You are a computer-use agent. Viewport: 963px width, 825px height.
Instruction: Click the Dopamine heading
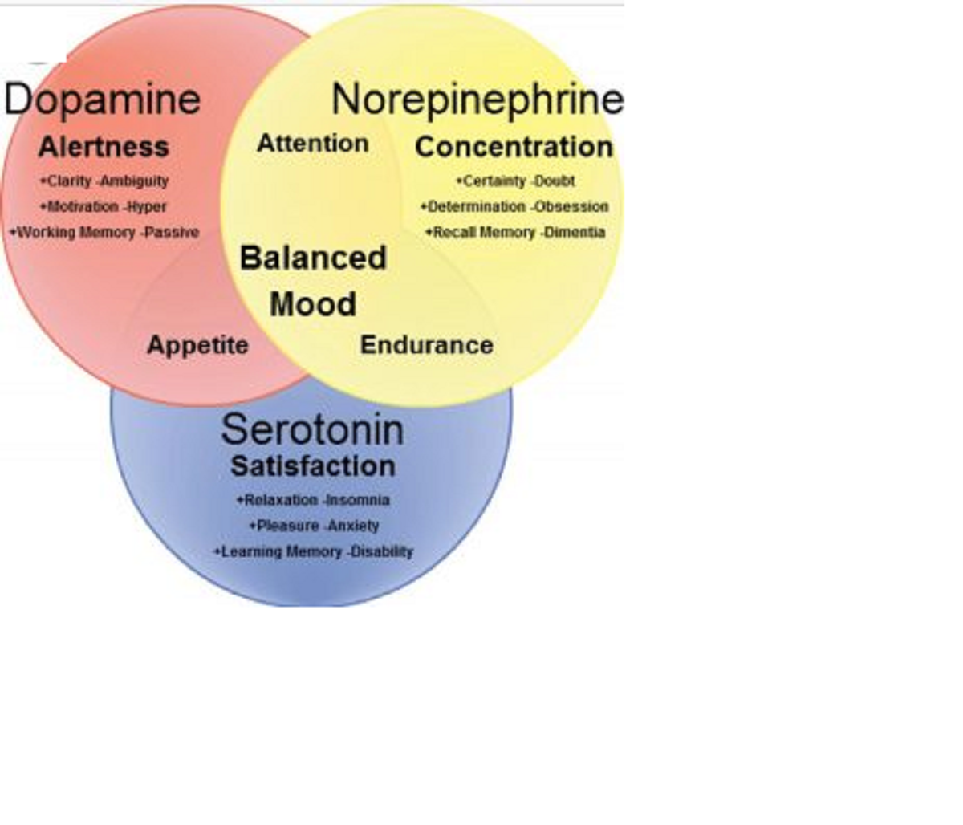click(102, 99)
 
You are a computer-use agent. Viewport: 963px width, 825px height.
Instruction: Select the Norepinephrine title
click(477, 99)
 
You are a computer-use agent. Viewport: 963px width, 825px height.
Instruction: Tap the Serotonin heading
click(312, 429)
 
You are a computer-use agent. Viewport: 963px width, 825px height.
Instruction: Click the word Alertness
click(104, 147)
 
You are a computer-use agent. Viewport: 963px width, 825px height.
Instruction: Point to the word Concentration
click(514, 147)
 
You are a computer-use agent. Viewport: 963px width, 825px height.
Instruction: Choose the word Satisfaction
click(313, 466)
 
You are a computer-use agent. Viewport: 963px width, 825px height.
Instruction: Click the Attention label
click(313, 144)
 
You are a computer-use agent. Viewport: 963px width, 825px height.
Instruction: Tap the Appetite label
click(197, 345)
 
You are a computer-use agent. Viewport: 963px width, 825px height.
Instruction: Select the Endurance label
click(426, 345)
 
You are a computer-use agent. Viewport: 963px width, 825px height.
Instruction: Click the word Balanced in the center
click(313, 258)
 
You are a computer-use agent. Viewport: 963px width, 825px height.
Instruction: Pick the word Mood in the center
click(313, 305)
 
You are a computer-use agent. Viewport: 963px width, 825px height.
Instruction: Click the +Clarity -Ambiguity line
click(104, 181)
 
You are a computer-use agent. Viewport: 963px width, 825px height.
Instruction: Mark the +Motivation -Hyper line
click(104, 207)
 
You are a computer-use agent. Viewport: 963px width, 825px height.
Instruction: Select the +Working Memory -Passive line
click(104, 233)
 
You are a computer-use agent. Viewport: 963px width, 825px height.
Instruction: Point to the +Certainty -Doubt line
click(515, 181)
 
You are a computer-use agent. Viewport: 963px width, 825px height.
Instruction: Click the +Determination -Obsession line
click(514, 207)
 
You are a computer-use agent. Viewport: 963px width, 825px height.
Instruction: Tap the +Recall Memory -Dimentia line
click(515, 233)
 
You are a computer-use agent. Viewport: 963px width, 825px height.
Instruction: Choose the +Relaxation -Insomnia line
click(313, 500)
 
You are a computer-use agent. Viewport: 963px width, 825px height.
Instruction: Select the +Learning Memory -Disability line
click(313, 552)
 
